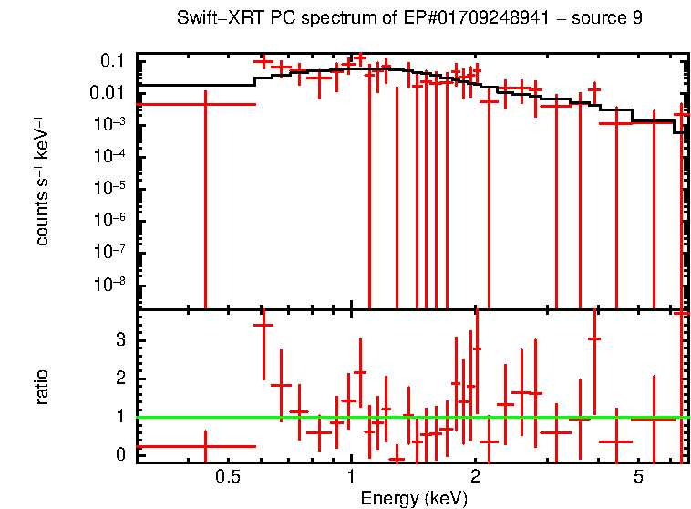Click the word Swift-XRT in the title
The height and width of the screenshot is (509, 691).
(x=219, y=19)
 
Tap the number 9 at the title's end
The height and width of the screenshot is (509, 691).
(x=636, y=19)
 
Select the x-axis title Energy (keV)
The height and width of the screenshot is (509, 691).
(x=414, y=498)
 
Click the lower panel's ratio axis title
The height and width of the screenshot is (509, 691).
(x=42, y=387)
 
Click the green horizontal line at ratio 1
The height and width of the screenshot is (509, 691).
(x=410, y=417)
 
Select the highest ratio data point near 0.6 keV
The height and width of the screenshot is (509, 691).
(x=263, y=325)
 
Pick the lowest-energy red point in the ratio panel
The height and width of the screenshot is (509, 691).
(x=205, y=446)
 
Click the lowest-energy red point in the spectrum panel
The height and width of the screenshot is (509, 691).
(x=205, y=104)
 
